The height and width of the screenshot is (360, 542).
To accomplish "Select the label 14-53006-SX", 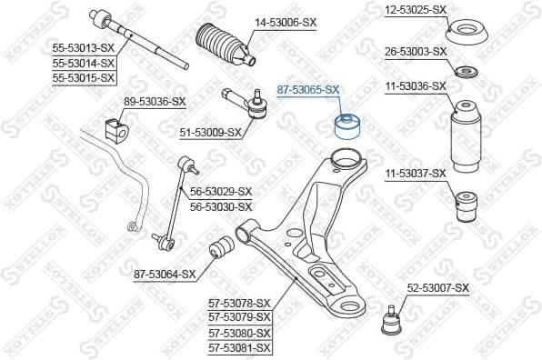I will (x=286, y=21).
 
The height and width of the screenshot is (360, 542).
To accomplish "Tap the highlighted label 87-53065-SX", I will (x=308, y=90).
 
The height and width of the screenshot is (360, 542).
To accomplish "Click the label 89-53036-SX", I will (x=154, y=101).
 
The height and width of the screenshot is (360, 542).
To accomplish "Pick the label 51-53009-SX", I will (x=210, y=132).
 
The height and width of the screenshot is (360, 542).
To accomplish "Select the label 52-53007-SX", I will (x=437, y=288).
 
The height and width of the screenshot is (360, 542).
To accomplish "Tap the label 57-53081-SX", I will (x=240, y=347).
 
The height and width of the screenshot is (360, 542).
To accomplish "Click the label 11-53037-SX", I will (x=415, y=173).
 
